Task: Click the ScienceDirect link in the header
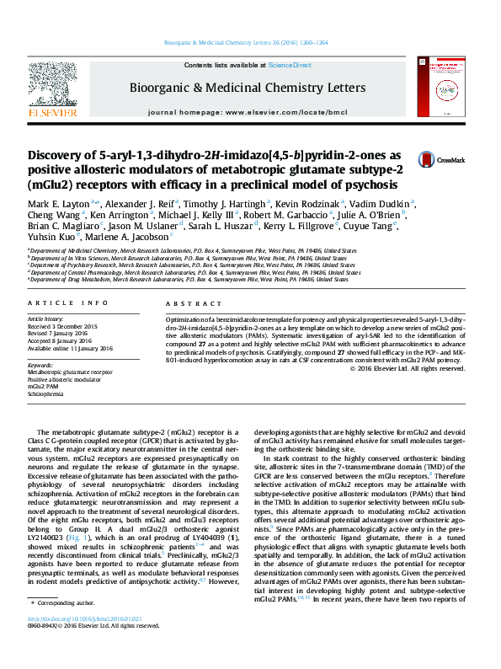point(290,65)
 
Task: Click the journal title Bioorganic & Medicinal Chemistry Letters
point(246,88)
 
